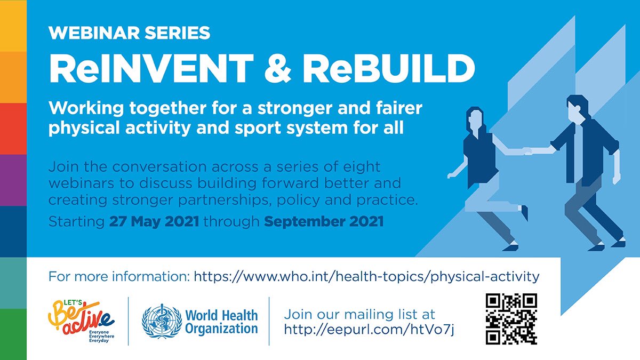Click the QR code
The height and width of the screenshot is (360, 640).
[511, 319]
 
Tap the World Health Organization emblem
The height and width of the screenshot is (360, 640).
[162, 321]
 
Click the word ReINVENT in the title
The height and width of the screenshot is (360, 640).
[151, 69]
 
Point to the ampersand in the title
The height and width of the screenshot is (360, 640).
[278, 69]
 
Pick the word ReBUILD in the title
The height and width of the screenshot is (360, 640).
[389, 69]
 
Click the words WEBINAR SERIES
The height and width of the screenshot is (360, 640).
[130, 33]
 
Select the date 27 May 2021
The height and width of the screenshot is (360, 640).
[154, 221]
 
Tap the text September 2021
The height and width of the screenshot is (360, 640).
[324, 222]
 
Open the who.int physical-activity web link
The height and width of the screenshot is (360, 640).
[366, 277]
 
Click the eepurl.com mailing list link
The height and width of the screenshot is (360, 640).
[369, 330]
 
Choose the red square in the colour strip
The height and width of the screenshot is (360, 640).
[13, 129]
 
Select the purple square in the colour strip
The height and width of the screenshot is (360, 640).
[13, 180]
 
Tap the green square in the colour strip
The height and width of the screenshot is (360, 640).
[13, 334]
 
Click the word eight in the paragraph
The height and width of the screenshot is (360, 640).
[362, 167]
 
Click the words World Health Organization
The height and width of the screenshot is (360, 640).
[221, 322]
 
